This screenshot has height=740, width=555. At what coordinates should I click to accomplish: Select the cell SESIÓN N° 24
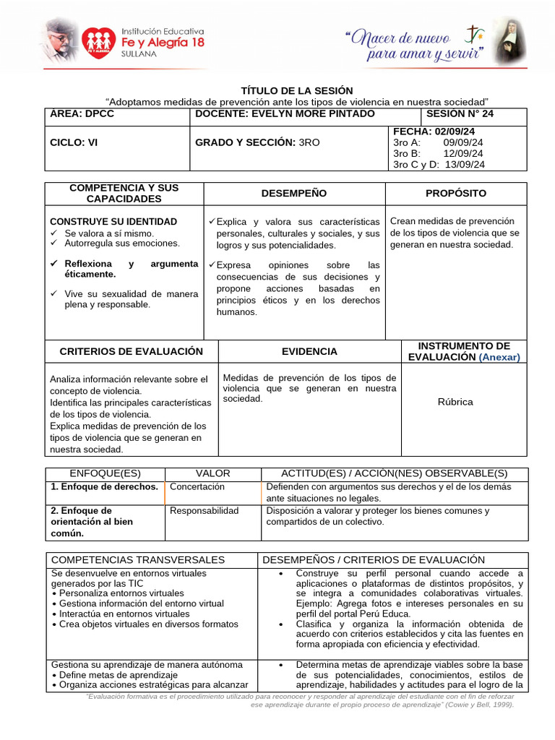coord(460,114)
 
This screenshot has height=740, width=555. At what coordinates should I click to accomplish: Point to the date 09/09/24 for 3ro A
coord(464,142)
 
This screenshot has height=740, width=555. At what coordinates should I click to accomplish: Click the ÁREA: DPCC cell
coord(82,114)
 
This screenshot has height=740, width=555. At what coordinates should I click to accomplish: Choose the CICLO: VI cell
coord(74,142)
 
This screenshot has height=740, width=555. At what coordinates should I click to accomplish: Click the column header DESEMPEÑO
coord(293,194)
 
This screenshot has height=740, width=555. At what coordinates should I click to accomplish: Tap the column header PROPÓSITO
coord(456,194)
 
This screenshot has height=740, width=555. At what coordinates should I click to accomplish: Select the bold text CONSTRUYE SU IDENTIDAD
coord(113,221)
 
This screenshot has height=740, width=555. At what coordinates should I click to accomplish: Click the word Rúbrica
coord(455,402)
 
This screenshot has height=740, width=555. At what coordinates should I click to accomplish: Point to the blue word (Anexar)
coord(499,357)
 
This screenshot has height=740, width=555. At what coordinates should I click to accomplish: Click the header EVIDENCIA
coord(309,352)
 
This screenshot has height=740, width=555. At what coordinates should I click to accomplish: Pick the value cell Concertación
coord(197,487)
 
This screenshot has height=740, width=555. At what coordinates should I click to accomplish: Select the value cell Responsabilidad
coord(204,511)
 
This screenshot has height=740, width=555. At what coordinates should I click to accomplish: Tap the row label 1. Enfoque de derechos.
coord(104,487)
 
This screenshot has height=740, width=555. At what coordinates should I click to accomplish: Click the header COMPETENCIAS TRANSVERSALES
coord(138,560)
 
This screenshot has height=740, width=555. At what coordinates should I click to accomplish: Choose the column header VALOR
coord(212,473)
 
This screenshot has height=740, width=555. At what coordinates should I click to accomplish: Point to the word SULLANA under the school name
coord(137,54)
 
